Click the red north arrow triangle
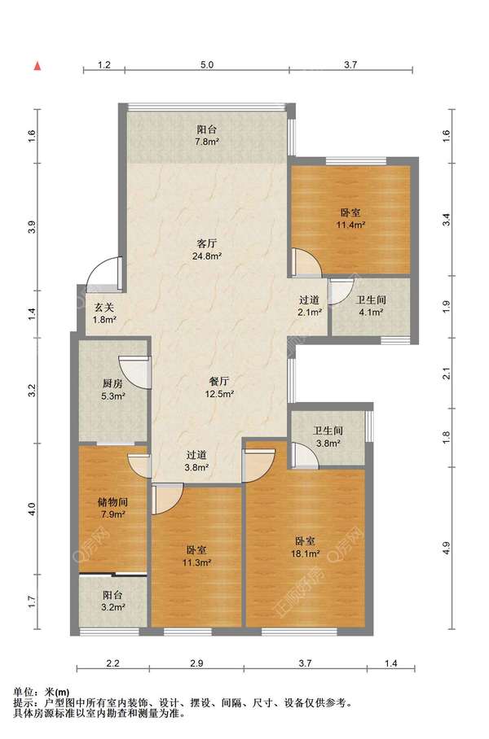pos(37,66)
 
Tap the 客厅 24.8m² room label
pos(208,250)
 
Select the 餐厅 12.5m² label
pos(219,387)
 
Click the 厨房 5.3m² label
pos(112,390)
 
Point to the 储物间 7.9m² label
pos(112,508)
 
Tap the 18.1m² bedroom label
pos(306,548)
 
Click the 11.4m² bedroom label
pos(350,219)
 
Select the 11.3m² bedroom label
pos(196,556)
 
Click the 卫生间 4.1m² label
pos(371,305)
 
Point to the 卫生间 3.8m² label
pos(328,437)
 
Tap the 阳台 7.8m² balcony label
pos(206,135)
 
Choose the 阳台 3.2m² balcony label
pos(113,601)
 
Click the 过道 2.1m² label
pos(311,305)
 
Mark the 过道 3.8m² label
pos(196,461)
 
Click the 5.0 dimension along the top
pos(207,64)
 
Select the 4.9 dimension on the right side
pos(447,549)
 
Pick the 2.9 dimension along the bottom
pos(196,663)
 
